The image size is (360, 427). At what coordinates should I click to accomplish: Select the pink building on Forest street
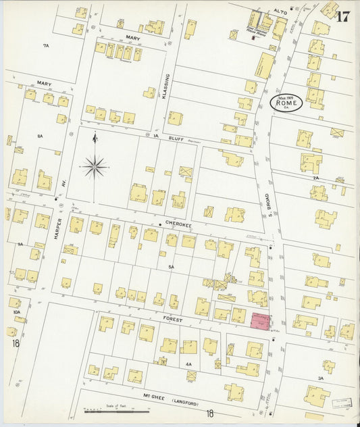(x=259, y=322)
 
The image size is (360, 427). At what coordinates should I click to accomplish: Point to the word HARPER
(x=58, y=230)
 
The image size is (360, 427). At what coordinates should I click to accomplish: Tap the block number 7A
(x=46, y=45)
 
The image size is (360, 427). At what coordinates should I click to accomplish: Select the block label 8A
(x=41, y=136)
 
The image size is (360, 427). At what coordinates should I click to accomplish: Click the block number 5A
(x=172, y=267)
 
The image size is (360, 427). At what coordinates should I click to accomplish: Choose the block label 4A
(x=188, y=364)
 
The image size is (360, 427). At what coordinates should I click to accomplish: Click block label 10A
(x=15, y=313)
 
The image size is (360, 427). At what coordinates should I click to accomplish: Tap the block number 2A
(x=315, y=177)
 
